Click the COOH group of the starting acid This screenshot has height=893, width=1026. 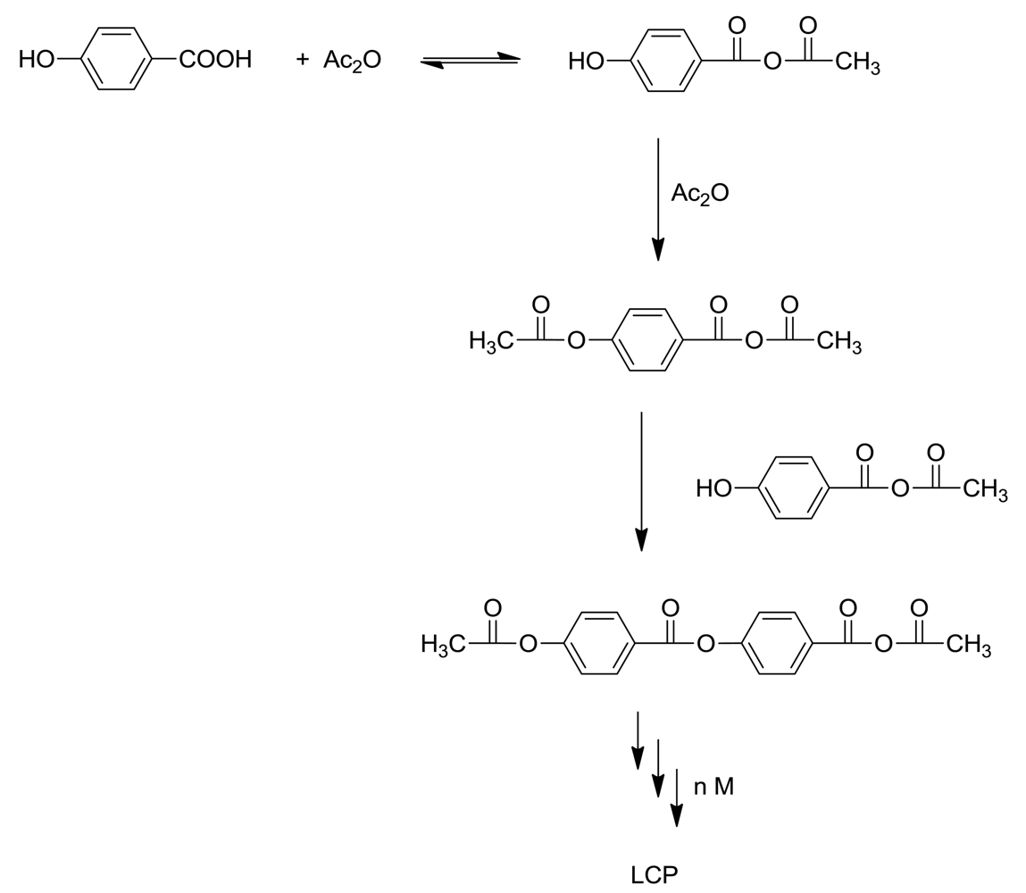click(215, 60)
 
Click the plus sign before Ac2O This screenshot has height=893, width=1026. click(302, 60)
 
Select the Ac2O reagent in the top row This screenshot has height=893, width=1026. click(352, 61)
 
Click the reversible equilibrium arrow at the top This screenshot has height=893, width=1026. click(471, 60)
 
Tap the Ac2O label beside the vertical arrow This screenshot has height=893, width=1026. click(699, 194)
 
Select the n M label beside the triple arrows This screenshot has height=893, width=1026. click(713, 788)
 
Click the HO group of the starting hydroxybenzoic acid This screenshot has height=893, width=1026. click(37, 60)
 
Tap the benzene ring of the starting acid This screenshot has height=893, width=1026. click(116, 60)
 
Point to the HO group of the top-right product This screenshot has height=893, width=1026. click(586, 62)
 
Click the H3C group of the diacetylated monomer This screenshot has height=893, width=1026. click(491, 341)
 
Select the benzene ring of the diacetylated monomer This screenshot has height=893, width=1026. click(647, 340)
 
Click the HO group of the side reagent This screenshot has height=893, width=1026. click(713, 489)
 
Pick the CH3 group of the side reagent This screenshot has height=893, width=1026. click(986, 490)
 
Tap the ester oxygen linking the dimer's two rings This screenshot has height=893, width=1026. click(705, 644)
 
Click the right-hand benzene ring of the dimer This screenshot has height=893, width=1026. click(776, 643)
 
